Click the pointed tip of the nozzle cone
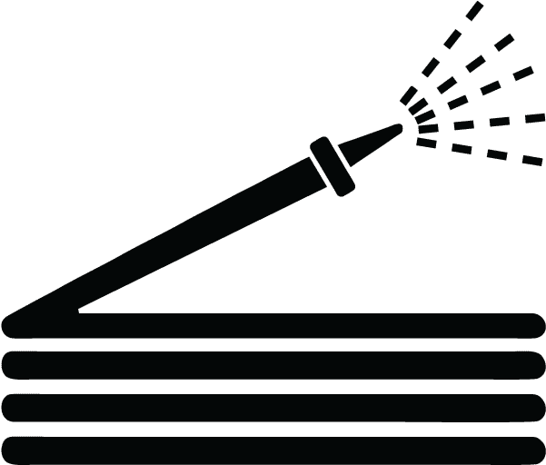[399, 127]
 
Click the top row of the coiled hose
[273, 326]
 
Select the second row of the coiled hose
[273, 364]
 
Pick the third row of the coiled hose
[273, 406]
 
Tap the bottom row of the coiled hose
[273, 449]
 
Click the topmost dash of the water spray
[474, 12]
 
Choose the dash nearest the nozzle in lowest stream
[425, 142]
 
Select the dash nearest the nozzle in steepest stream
[410, 96]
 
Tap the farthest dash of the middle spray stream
[522, 72]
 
